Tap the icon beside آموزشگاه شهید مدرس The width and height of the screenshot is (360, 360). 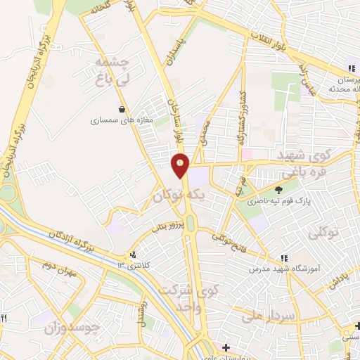tap(284, 258)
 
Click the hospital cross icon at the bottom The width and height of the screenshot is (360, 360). tap(225, 347)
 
